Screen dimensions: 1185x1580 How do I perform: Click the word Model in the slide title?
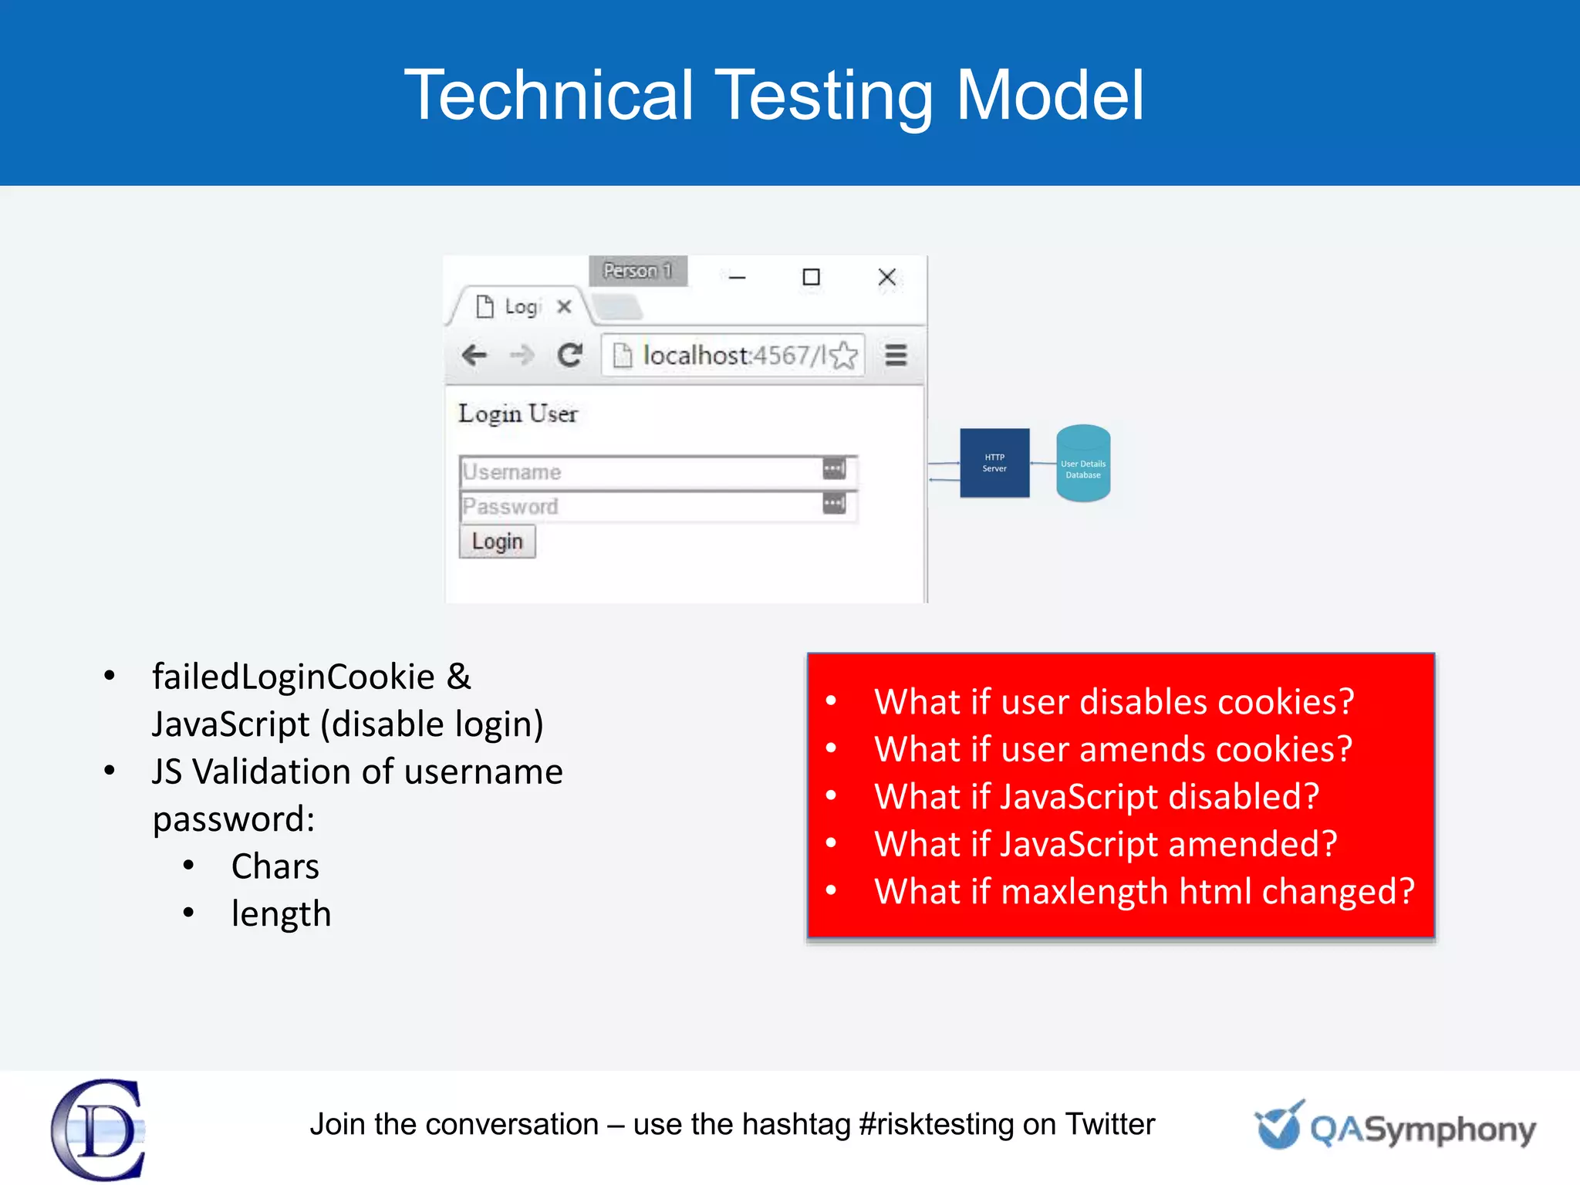[x=1050, y=95]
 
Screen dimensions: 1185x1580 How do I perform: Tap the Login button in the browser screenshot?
[x=497, y=542]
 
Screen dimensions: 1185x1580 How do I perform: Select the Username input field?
[x=640, y=471]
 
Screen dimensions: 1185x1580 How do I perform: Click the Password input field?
[x=640, y=507]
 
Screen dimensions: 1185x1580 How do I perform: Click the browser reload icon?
[x=570, y=355]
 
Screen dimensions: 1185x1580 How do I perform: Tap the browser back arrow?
[x=474, y=356]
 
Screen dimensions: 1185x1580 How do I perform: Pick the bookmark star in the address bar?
[x=846, y=356]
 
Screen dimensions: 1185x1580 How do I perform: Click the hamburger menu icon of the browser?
[x=896, y=356]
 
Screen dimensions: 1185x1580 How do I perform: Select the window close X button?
[x=887, y=277]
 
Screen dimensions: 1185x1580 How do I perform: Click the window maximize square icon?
[x=811, y=277]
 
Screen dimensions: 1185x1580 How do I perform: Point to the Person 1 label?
[x=638, y=271]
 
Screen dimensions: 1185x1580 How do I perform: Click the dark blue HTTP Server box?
[x=994, y=463]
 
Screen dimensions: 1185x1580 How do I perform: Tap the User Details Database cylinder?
[x=1083, y=464]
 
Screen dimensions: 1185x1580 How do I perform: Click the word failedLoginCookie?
[x=293, y=677]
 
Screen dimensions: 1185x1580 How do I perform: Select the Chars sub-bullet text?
[x=275, y=866]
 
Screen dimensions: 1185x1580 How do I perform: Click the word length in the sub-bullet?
[x=281, y=914]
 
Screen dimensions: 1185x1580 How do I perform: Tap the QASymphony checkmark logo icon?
[x=1280, y=1126]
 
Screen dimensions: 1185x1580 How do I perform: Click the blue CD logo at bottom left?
[x=98, y=1129]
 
